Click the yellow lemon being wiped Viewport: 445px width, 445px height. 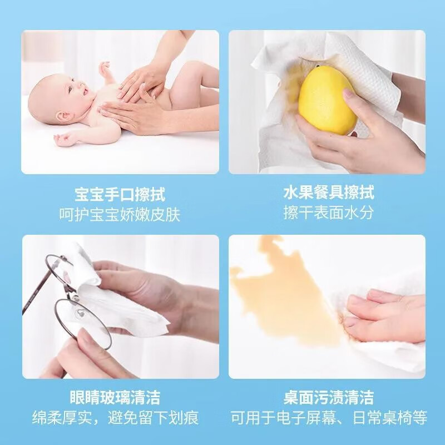coord(327,100)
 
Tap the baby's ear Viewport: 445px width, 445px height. coord(63,116)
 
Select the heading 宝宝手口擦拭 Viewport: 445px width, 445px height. coord(120,194)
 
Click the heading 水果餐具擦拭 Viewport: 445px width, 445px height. coord(329,192)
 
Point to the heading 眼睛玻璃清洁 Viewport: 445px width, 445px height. coord(115,397)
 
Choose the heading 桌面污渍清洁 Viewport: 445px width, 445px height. coord(328,397)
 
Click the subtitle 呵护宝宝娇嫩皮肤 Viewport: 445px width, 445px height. coord(120,215)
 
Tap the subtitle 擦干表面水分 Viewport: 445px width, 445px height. coord(328,212)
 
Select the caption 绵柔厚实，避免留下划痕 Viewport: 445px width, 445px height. coord(115,418)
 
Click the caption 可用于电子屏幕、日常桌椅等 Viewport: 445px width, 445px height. coord(329,418)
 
